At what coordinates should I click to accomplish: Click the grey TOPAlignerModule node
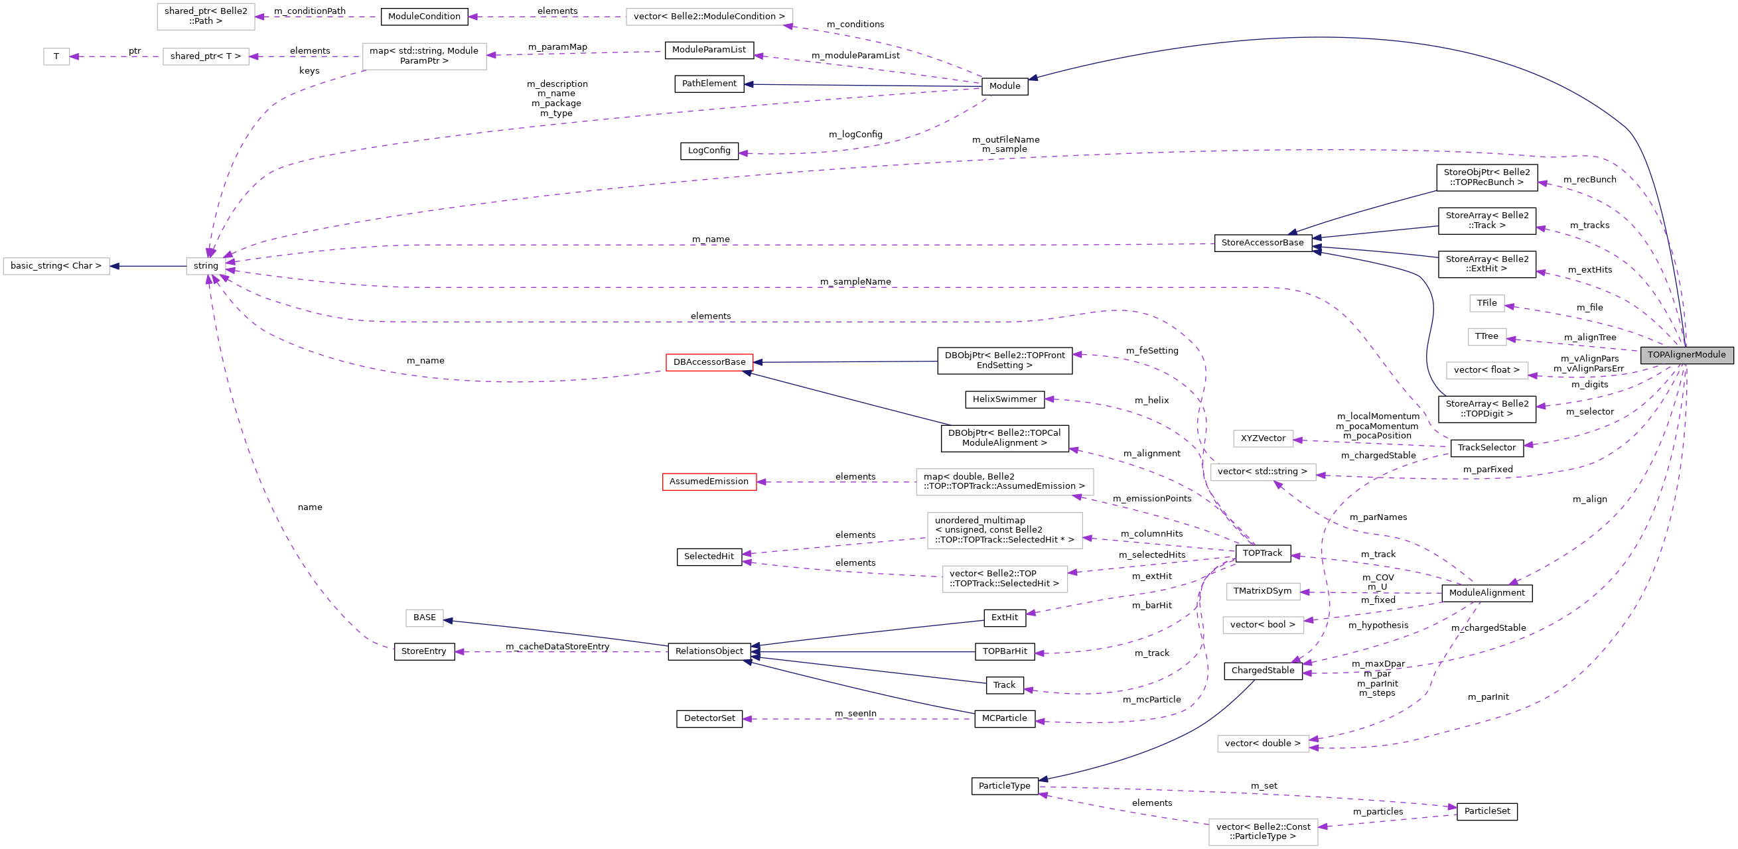(1686, 355)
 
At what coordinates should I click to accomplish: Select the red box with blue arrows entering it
(709, 363)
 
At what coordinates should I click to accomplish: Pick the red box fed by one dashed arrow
(709, 482)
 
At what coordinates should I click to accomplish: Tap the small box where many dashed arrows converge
(206, 267)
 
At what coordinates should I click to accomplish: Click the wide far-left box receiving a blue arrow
(56, 267)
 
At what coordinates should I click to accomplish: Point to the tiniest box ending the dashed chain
(56, 56)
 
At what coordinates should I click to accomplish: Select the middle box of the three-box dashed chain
(206, 56)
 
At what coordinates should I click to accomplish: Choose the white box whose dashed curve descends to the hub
(423, 56)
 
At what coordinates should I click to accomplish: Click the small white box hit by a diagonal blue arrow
(424, 618)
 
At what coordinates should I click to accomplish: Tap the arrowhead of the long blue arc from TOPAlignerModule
(1033, 78)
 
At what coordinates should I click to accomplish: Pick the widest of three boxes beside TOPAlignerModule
(1487, 370)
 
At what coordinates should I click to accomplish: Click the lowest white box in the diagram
(1263, 832)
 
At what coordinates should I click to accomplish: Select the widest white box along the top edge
(709, 17)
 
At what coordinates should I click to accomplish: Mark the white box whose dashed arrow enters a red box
(1005, 482)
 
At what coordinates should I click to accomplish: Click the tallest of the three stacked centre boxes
(1005, 531)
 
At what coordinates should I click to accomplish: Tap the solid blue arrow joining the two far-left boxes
(149, 267)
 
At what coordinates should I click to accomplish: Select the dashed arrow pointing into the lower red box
(837, 482)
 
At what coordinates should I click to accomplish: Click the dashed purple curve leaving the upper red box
(472, 379)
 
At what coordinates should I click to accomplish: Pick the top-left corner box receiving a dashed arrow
(206, 17)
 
